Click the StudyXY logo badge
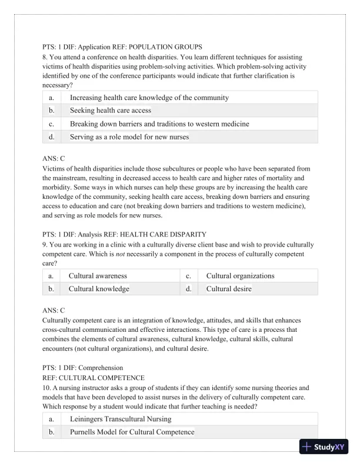(x=324, y=446)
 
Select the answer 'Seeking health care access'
(x=111, y=110)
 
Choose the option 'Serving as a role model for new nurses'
(x=129, y=137)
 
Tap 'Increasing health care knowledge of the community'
(x=149, y=97)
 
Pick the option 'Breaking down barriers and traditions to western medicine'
(x=159, y=124)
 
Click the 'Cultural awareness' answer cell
(x=98, y=275)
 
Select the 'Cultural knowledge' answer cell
(x=99, y=289)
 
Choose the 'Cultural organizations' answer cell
(x=240, y=275)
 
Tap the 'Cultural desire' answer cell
(x=229, y=289)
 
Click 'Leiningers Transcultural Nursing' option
(x=121, y=419)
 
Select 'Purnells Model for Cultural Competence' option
(x=132, y=432)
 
